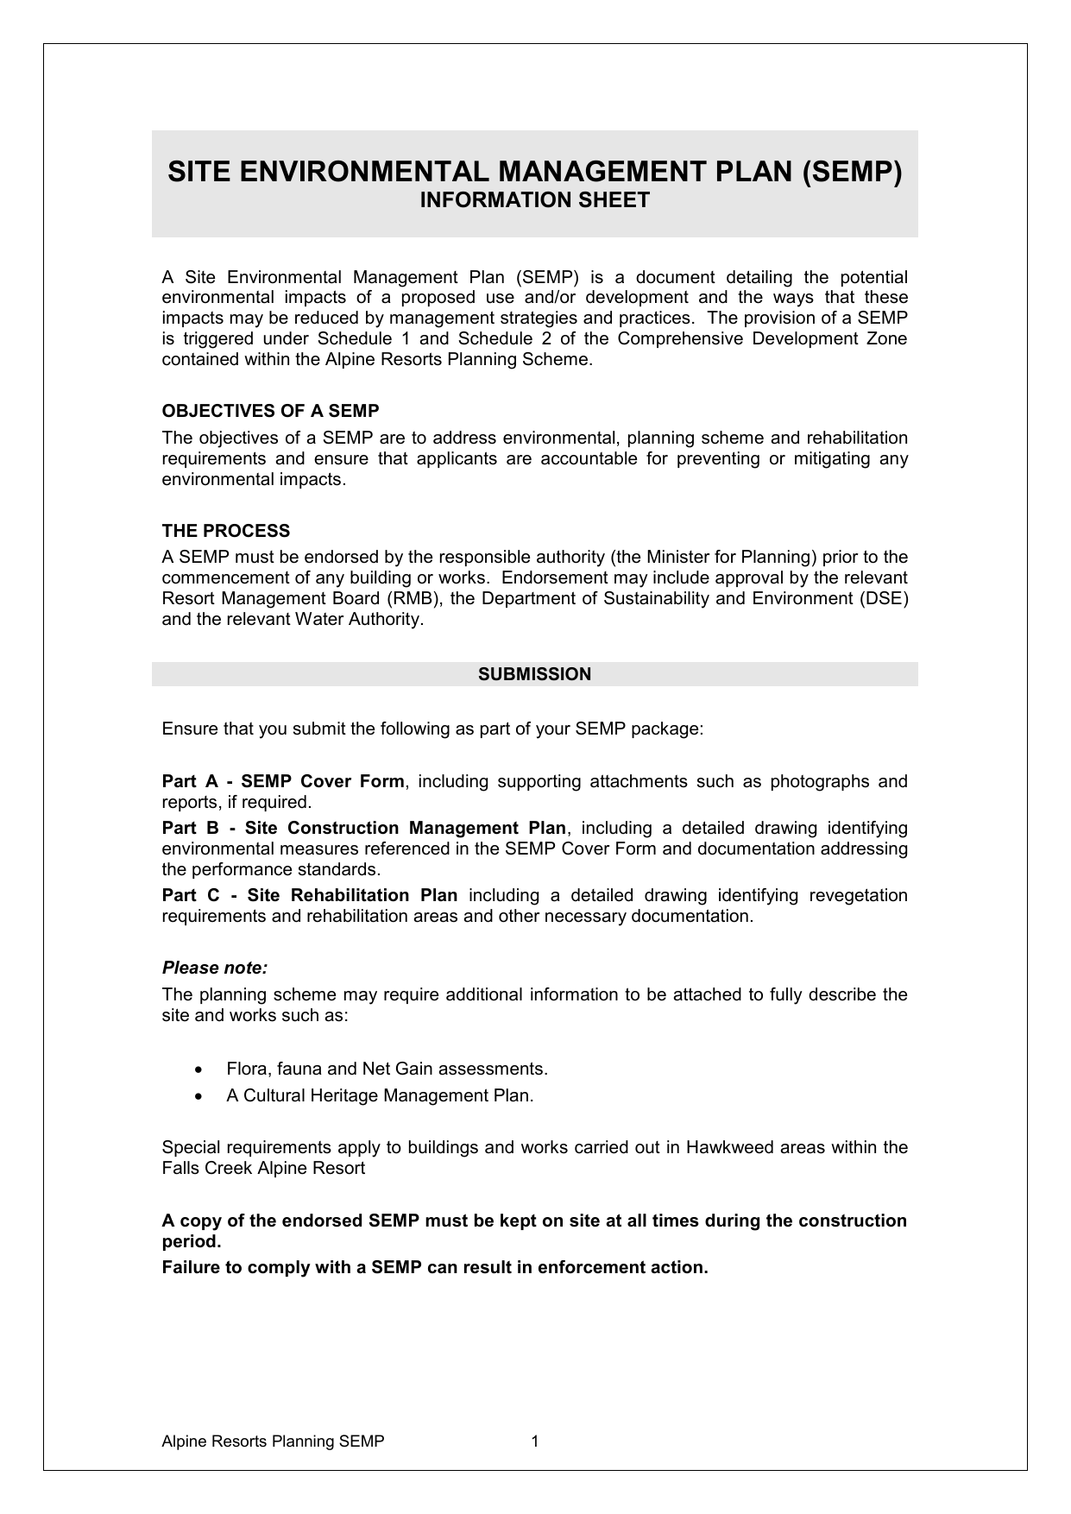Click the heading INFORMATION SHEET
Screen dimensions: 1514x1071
[x=534, y=200]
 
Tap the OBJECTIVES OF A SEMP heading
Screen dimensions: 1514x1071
[x=270, y=411]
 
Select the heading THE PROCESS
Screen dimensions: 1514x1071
[x=226, y=531]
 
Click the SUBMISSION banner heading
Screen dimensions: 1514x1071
[x=534, y=674]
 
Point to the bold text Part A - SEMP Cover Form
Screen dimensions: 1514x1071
[x=283, y=781]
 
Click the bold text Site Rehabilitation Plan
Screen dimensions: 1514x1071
[x=352, y=895]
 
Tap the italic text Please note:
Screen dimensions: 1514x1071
[x=215, y=968]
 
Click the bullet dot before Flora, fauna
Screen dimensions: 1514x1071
[x=200, y=1069]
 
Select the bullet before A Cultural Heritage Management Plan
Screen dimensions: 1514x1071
[x=200, y=1096]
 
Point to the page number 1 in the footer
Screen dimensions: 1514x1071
[x=535, y=1441]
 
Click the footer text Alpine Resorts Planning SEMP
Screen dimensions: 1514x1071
[x=273, y=1441]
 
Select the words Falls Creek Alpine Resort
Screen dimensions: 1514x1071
[x=263, y=1168]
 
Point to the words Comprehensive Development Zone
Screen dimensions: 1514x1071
[x=762, y=338]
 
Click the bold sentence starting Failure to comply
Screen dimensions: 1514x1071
[x=435, y=1267]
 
